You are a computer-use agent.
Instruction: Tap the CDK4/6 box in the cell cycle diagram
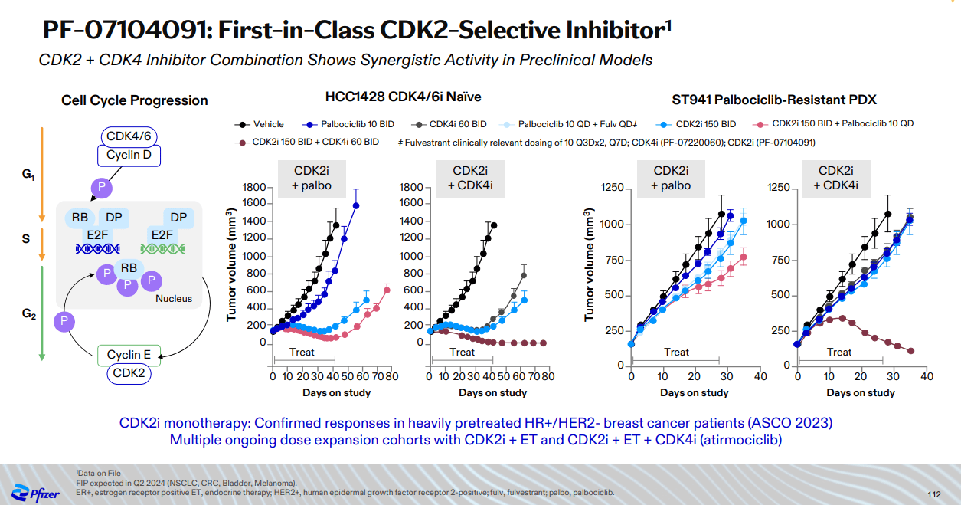coord(128,137)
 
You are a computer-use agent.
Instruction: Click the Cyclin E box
coord(129,355)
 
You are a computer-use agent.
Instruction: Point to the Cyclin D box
coord(128,155)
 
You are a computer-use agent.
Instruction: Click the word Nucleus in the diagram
coord(174,298)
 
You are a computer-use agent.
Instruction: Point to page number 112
coord(933,494)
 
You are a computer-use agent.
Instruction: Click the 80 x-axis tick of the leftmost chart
coord(391,376)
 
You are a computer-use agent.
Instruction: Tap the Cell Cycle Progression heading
coord(134,100)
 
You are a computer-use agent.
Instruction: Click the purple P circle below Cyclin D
coord(101,188)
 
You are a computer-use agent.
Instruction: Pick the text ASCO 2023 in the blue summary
coord(793,422)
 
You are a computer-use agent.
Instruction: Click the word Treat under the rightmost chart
coord(839,352)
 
